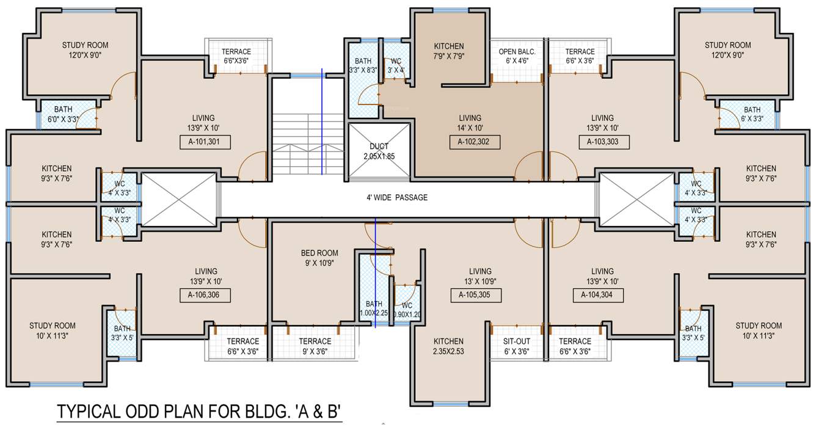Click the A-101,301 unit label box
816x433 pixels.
click(204, 143)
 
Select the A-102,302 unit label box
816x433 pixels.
click(474, 143)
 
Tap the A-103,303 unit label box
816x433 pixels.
click(603, 142)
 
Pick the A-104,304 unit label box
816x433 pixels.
click(597, 296)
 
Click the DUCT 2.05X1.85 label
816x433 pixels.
click(379, 151)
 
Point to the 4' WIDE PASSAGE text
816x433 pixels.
click(393, 197)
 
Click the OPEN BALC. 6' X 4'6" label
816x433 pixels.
click(517, 56)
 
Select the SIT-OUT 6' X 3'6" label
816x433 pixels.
click(516, 346)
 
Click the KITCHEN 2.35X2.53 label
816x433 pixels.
click(449, 346)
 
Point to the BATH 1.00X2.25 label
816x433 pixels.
click(374, 309)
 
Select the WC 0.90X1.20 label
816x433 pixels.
click(407, 310)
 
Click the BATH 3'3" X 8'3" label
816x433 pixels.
click(363, 66)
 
